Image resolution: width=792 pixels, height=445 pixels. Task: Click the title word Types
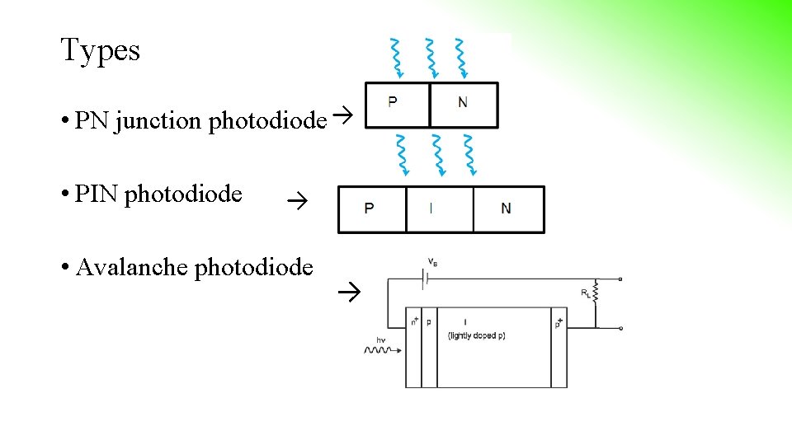(100, 51)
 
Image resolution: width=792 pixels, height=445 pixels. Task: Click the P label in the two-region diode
(392, 102)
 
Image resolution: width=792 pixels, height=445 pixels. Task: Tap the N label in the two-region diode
(462, 102)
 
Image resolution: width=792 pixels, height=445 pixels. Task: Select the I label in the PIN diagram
(431, 208)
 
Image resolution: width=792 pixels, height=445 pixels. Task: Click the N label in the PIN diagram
(505, 208)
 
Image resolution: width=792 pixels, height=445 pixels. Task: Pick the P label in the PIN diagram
(369, 208)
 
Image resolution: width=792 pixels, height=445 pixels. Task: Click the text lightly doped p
(476, 335)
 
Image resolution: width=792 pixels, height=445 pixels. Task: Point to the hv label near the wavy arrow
(381, 340)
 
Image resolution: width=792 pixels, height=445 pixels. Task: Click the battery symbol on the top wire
(423, 279)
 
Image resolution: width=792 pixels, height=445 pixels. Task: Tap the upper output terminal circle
(620, 279)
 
